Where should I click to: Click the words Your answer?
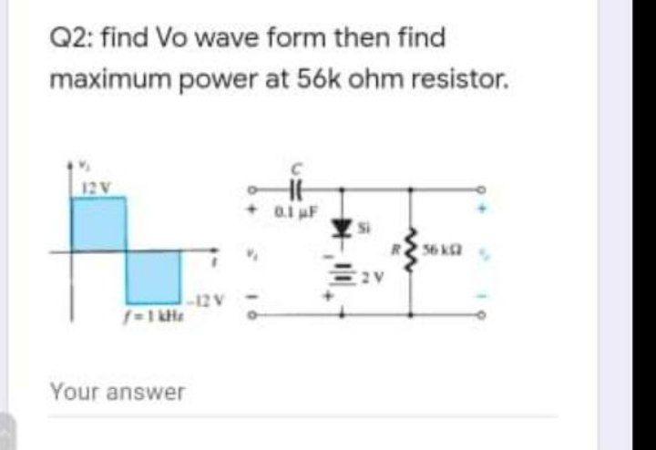point(118,393)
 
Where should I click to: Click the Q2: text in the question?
point(69,38)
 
